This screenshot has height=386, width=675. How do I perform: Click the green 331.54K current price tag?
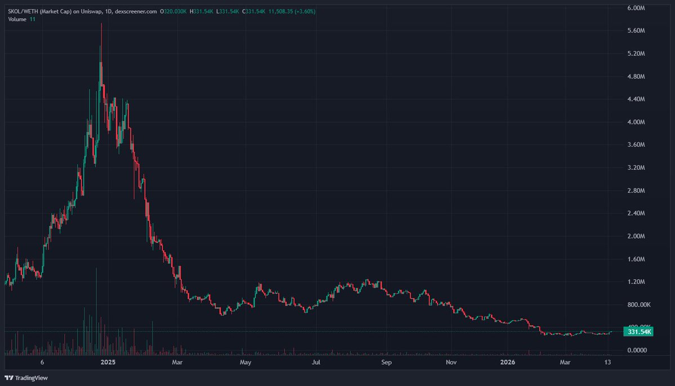(x=640, y=332)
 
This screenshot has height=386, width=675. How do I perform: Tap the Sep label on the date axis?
(x=386, y=363)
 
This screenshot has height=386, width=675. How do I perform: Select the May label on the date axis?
(x=245, y=363)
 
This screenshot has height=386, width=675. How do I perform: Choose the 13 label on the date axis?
(x=608, y=363)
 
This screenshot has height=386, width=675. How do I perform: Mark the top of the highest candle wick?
(x=101, y=24)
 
